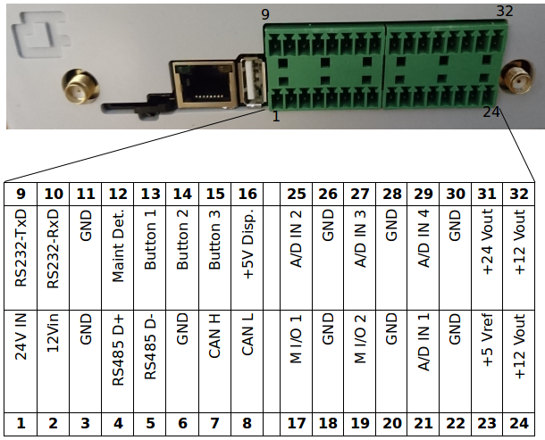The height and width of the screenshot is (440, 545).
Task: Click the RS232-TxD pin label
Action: pyautogui.click(x=21, y=249)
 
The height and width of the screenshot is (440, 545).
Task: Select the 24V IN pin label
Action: pyautogui.click(x=21, y=360)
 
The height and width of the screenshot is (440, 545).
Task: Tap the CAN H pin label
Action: pyautogui.click(x=215, y=360)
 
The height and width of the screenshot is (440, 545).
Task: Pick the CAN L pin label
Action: pyautogui.click(x=247, y=360)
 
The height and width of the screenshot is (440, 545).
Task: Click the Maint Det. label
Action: pyautogui.click(x=118, y=249)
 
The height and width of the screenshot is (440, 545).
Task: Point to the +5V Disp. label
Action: pyautogui.click(x=247, y=249)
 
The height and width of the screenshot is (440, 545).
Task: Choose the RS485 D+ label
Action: pyautogui.click(x=118, y=360)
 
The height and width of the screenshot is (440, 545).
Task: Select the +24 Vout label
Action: pyautogui.click(x=488, y=249)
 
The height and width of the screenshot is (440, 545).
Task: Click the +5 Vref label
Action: pyautogui.click(x=488, y=360)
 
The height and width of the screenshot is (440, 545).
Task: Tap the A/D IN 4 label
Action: pyautogui.click(x=423, y=249)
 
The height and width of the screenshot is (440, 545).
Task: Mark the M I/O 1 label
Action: pyautogui.click(x=296, y=360)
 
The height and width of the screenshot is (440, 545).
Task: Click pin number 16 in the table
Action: pyautogui.click(x=247, y=194)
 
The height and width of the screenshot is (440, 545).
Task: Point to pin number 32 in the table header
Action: pyautogui.click(x=520, y=194)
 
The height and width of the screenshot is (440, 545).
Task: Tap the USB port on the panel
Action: pyautogui.click(x=250, y=82)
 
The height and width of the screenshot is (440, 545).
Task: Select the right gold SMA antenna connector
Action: pyautogui.click(x=515, y=81)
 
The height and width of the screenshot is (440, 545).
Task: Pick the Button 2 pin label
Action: pyautogui.click(x=182, y=249)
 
